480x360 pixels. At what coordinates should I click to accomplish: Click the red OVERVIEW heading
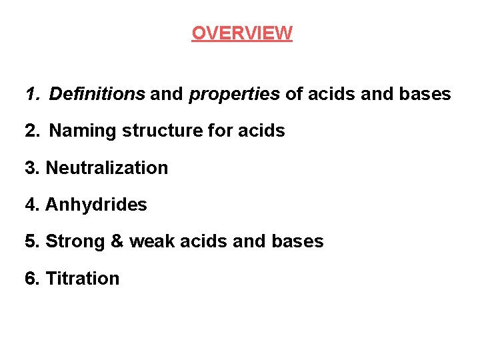tap(241, 33)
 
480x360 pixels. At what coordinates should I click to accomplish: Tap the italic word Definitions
tap(97, 94)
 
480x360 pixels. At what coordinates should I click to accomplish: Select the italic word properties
tap(235, 94)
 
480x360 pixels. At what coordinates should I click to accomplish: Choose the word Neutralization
tap(107, 167)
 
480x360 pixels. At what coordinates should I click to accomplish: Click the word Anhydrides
tap(96, 205)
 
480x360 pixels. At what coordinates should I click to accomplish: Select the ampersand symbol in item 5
tap(117, 241)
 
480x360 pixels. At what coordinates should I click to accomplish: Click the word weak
tap(150, 241)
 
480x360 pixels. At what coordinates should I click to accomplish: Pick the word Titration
tap(82, 278)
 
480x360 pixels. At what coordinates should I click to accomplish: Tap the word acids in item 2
tap(261, 131)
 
